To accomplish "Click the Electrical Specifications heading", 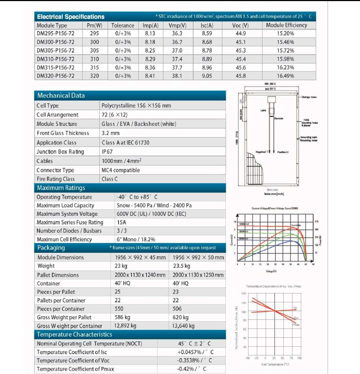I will [71, 17].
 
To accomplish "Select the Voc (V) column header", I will [240, 26].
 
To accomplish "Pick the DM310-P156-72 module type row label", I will [55, 59].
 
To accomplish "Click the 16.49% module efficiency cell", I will [285, 76].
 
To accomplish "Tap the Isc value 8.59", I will [207, 33].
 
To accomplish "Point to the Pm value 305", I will [94, 50].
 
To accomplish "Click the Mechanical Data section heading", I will [61, 96].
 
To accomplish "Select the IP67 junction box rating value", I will [107, 152].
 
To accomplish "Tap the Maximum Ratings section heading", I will [61, 188].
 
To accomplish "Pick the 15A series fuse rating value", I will [122, 222].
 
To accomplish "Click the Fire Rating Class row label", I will [56, 179].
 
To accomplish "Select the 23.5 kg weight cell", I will [181, 266].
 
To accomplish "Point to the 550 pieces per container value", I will [119, 309].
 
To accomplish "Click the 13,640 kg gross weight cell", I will [183, 326].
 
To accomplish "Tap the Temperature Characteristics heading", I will [75, 335].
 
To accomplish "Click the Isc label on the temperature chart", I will [295, 308].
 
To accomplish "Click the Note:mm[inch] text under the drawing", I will [274, 194].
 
